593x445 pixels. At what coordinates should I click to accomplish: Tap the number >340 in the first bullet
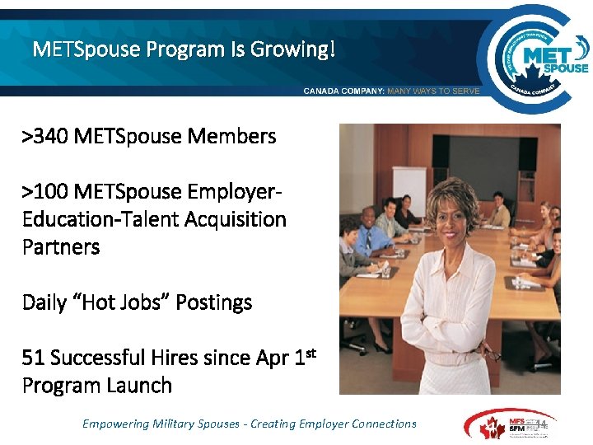(x=44, y=136)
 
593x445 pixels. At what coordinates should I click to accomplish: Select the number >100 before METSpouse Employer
(x=44, y=191)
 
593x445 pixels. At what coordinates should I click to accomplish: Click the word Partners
(x=61, y=246)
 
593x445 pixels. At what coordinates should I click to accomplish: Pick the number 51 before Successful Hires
(x=33, y=358)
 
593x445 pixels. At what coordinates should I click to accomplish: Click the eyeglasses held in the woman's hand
(x=492, y=354)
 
